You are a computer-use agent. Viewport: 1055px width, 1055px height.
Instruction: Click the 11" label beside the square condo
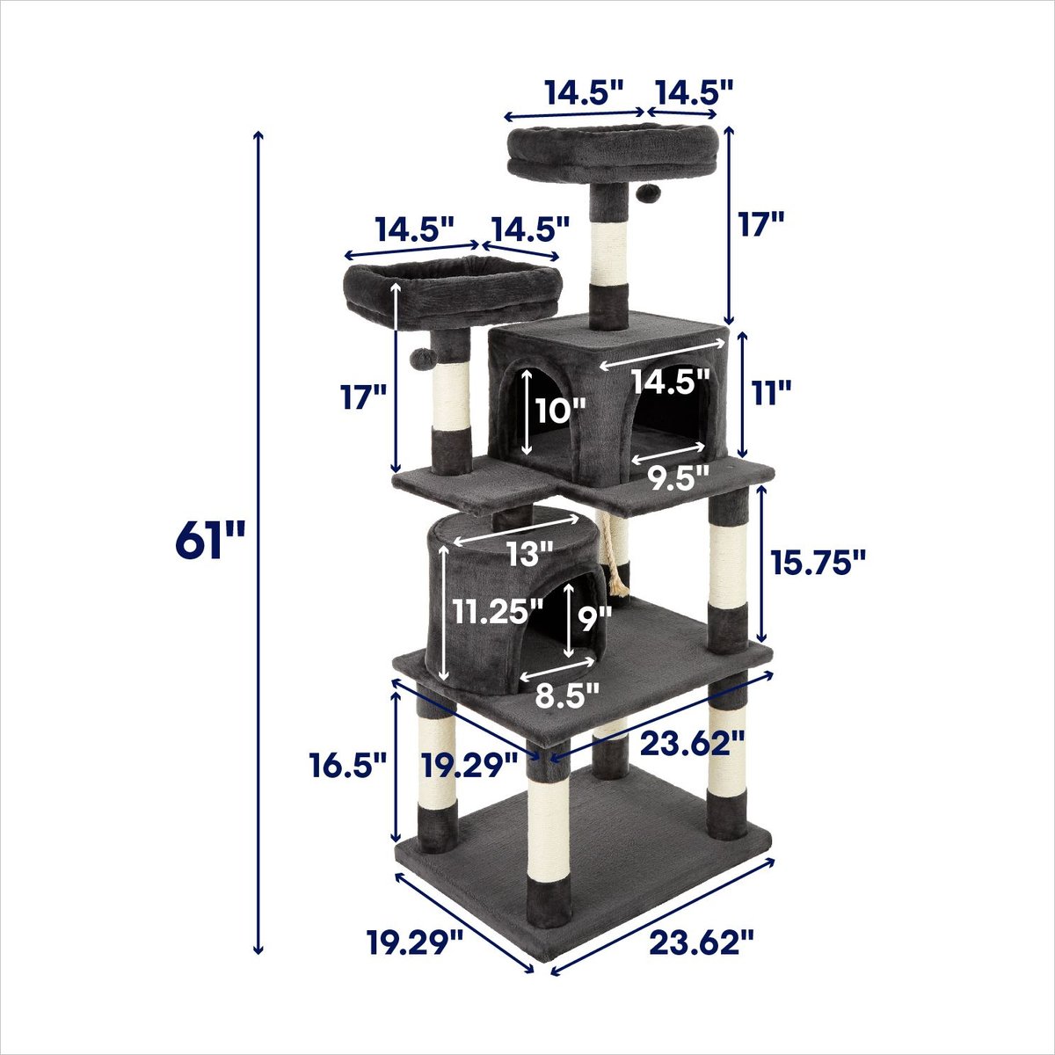770,394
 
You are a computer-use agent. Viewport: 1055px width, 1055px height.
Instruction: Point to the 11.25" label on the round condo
498,612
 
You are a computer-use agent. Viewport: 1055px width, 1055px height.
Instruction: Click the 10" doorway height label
560,410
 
